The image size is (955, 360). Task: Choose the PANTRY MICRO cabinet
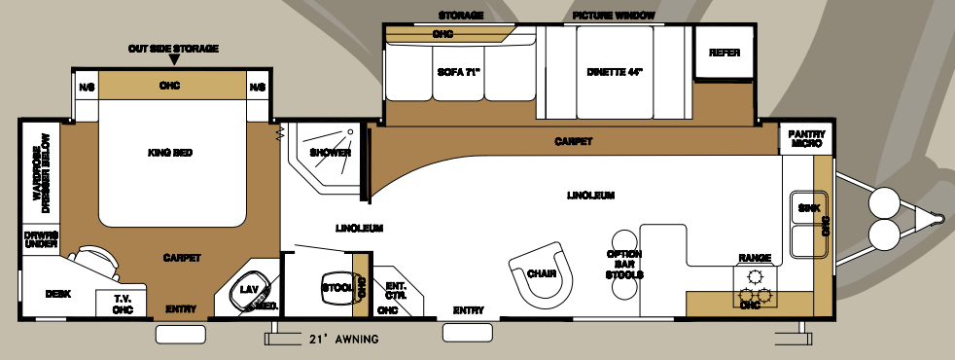tap(806, 138)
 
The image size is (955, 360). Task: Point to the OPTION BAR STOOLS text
tap(623, 264)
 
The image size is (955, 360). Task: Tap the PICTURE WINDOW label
tap(614, 16)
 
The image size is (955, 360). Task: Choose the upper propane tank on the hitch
tap(886, 201)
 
